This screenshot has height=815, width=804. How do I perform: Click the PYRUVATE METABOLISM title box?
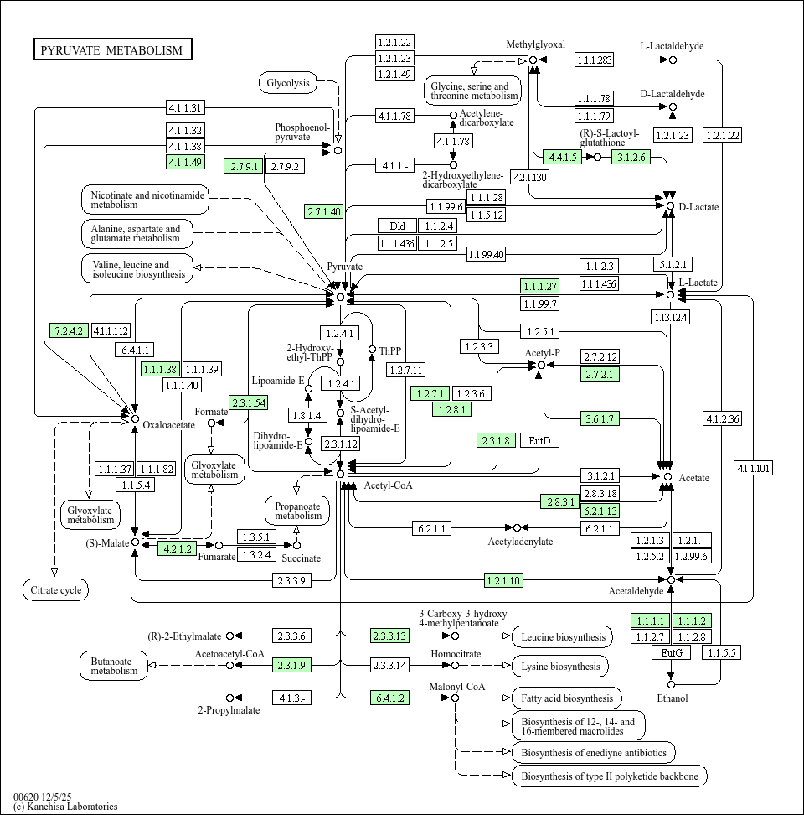coord(112,49)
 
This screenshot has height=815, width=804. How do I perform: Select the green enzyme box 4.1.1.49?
coord(185,162)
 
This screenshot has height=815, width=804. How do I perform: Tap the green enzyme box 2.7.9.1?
coord(243,166)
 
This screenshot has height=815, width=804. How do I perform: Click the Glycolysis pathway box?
coord(288,82)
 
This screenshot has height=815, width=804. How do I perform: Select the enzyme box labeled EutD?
coord(539,440)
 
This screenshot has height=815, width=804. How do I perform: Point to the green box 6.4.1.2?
coord(391,698)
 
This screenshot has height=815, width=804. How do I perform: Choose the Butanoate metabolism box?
coord(114,665)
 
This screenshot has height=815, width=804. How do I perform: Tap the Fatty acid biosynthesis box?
coord(566,698)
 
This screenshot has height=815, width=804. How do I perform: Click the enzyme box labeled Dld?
coord(397,226)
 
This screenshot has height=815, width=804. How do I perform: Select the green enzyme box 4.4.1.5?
coord(563,157)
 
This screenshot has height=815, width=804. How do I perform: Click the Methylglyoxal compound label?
coord(536,44)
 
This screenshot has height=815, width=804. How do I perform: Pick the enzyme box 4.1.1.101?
coord(753,468)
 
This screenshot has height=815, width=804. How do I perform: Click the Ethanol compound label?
coord(672,698)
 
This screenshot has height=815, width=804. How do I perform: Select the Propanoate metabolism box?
coord(297,510)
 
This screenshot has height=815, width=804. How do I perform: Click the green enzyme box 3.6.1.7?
coord(600,418)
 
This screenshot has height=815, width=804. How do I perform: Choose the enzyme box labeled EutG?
coord(672,652)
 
